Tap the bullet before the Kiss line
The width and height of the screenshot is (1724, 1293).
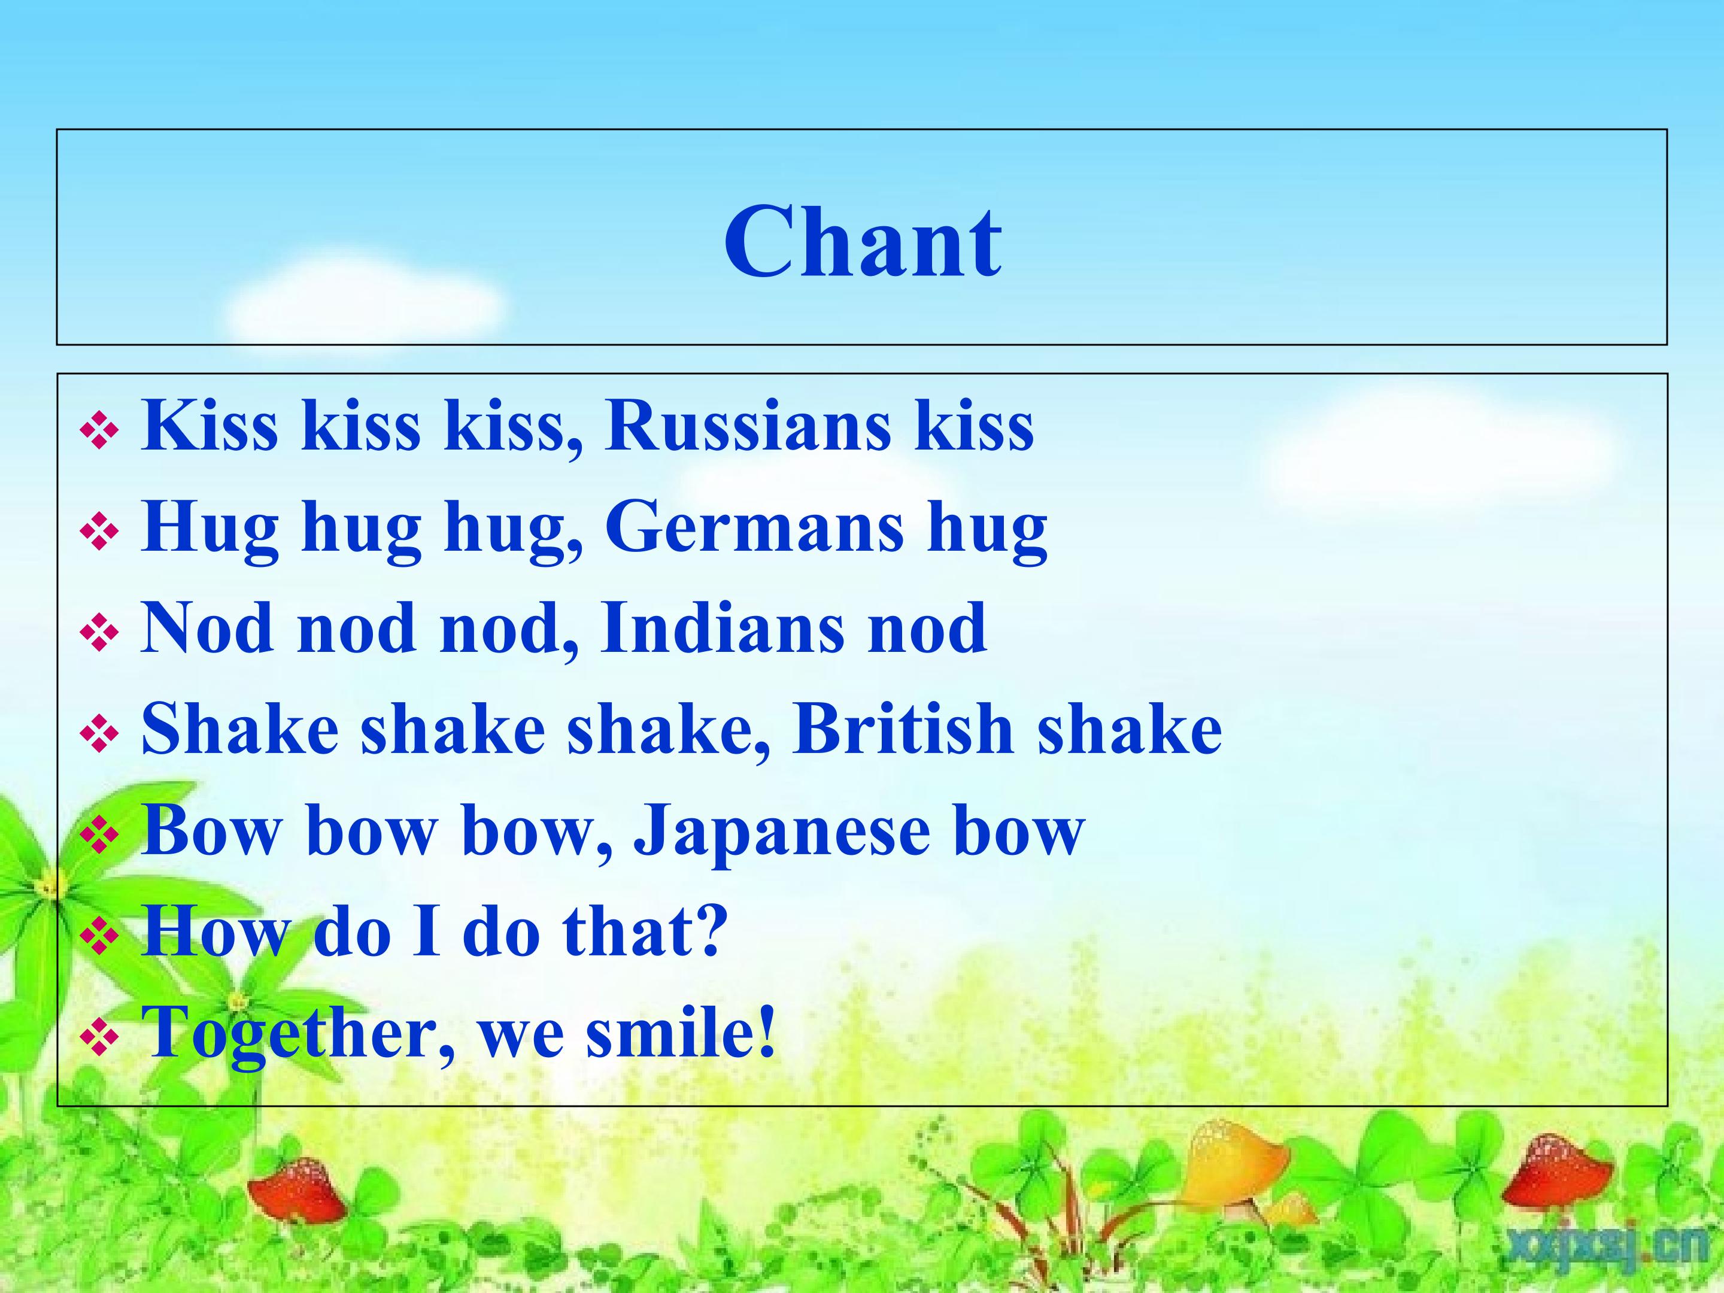click(99, 430)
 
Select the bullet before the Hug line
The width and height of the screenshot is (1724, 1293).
click(99, 532)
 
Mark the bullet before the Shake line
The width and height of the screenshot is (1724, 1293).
click(99, 733)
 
